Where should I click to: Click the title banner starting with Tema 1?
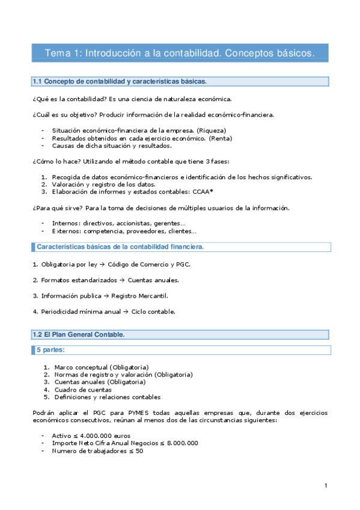[180, 53]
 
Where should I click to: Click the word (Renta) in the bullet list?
[221, 138]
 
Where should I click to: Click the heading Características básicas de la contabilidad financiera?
[120, 247]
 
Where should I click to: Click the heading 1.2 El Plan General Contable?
[79, 334]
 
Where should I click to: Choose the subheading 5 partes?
[50, 349]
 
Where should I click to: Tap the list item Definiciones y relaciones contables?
[107, 397]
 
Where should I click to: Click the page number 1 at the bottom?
[325, 485]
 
